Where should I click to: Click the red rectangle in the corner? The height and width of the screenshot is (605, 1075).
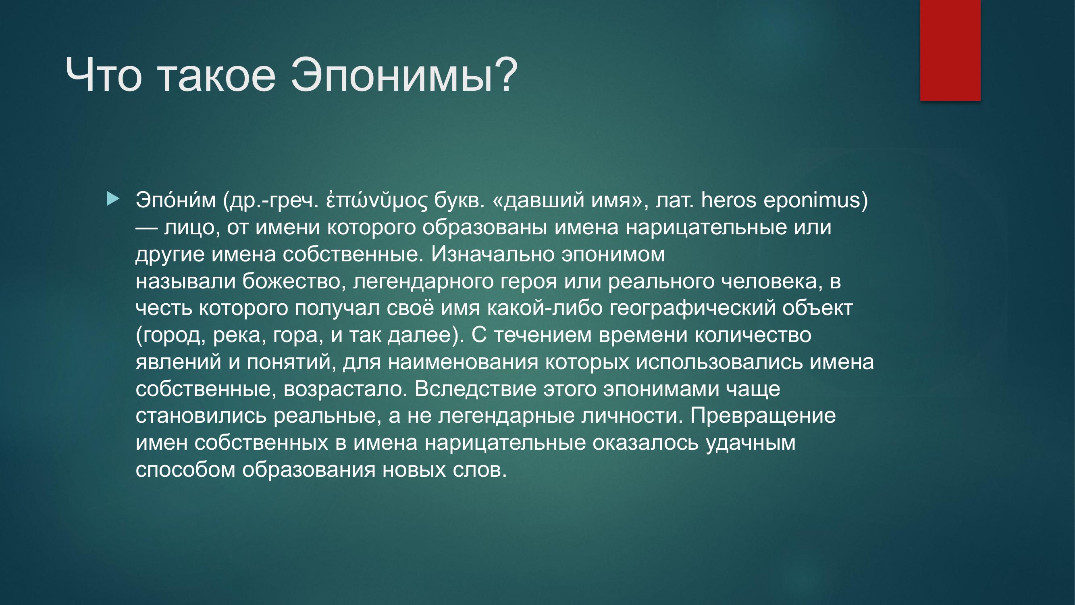(x=950, y=50)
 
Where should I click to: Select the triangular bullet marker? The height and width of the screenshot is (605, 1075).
(x=113, y=199)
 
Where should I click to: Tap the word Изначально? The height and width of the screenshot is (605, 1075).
(x=493, y=254)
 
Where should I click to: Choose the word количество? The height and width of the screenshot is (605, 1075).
(x=753, y=335)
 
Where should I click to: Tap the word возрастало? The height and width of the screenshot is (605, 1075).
(x=345, y=389)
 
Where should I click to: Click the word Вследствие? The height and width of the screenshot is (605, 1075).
(x=475, y=389)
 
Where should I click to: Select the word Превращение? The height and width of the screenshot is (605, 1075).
(x=763, y=415)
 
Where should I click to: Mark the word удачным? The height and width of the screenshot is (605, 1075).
(x=751, y=442)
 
